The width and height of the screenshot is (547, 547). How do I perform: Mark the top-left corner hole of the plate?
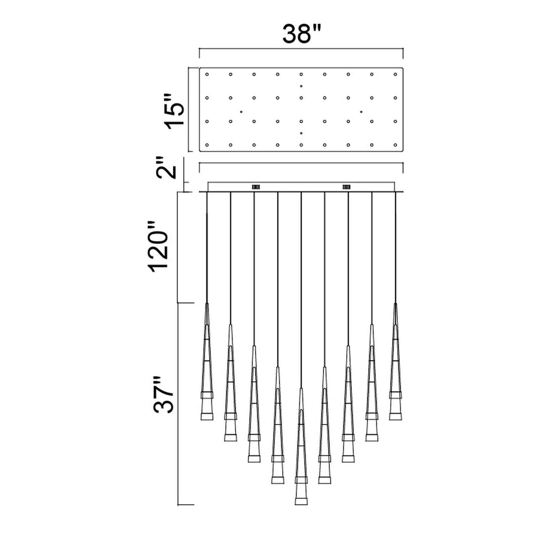click(207, 74)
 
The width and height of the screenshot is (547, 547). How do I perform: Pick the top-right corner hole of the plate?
click(395, 74)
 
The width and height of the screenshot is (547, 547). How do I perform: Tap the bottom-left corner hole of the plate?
click(207, 145)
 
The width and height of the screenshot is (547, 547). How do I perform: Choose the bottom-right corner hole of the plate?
click(395, 145)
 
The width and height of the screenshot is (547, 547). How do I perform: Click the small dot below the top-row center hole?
click(301, 86)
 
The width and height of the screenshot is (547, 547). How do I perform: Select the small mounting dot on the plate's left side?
click(241, 112)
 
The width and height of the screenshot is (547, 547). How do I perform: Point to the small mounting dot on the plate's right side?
click(361, 112)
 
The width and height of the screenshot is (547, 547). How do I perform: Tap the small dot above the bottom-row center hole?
click(301, 133)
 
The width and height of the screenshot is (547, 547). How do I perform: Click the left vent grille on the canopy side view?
click(256, 187)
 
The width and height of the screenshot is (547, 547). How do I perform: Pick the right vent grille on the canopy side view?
click(347, 187)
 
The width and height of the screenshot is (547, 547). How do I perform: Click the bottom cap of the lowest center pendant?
click(301, 509)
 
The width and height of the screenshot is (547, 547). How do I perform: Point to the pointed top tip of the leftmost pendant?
click(207, 303)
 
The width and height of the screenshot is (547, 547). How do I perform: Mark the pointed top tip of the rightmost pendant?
click(395, 303)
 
